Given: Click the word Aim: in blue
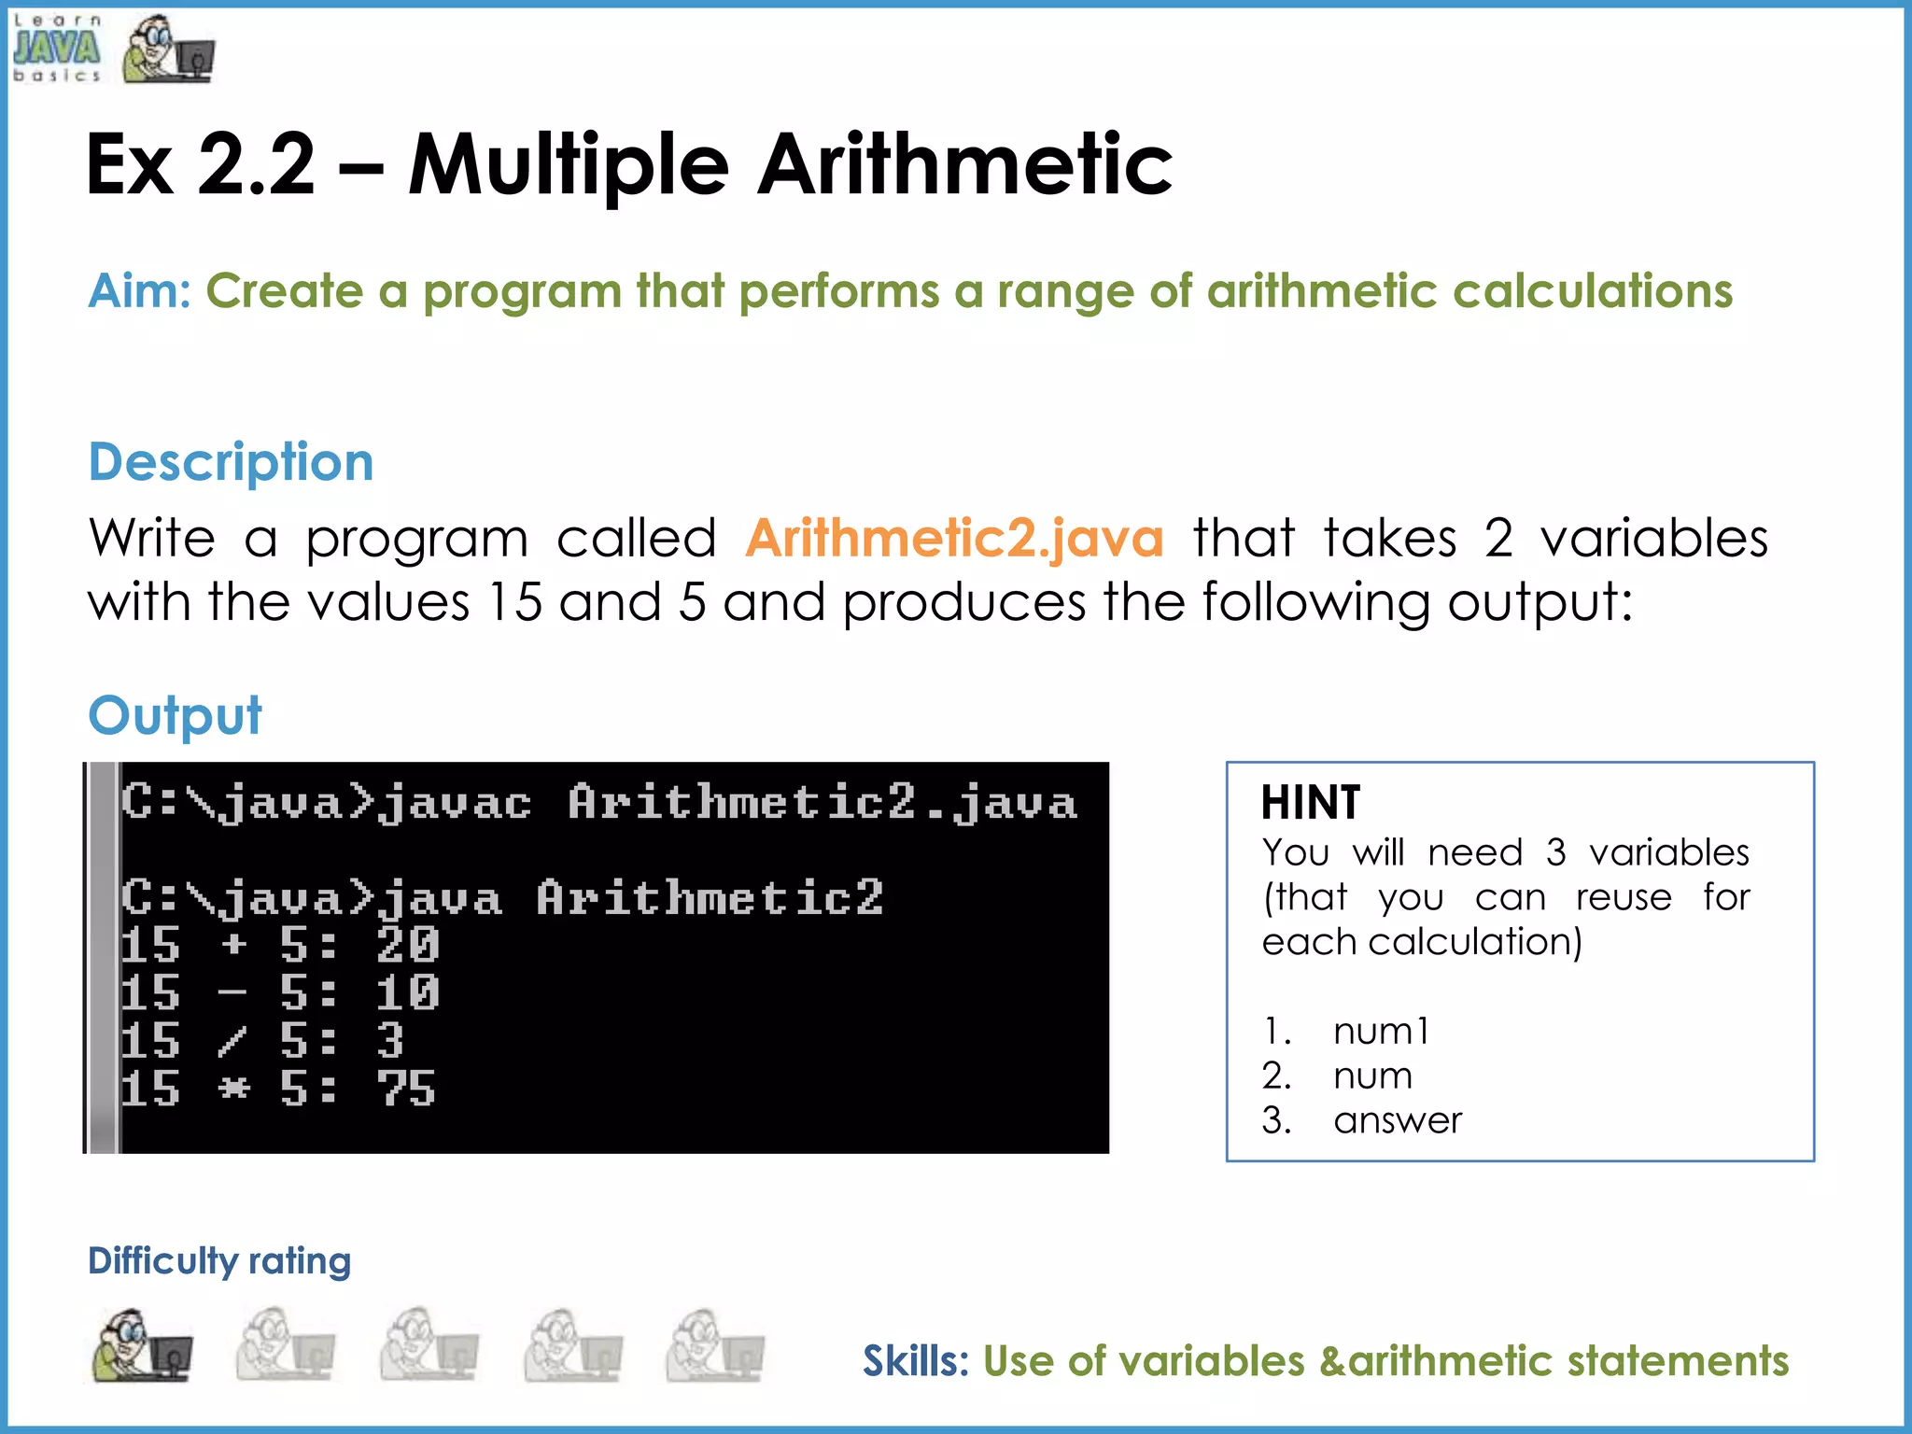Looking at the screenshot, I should [x=139, y=290].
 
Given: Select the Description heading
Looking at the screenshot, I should [x=231, y=461].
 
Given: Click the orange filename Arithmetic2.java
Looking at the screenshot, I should [x=954, y=539].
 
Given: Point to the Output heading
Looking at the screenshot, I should [x=175, y=715].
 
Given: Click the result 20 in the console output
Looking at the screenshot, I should [x=408, y=944].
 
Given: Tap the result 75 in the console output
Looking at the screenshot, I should [x=406, y=1089].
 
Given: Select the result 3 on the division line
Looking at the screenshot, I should [x=390, y=1040].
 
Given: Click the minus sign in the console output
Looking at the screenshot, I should [x=232, y=993].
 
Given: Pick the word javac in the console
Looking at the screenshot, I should [x=456, y=804].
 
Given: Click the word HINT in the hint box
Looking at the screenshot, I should [x=1310, y=802].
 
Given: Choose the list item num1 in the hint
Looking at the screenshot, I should [x=1381, y=1031].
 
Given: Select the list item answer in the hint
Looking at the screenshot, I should [x=1397, y=1119].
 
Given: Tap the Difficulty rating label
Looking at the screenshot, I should [x=219, y=1260].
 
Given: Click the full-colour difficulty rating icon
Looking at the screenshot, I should [x=142, y=1345].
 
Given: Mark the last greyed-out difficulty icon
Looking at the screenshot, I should [x=715, y=1345].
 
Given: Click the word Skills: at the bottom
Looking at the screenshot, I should [x=916, y=1360].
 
